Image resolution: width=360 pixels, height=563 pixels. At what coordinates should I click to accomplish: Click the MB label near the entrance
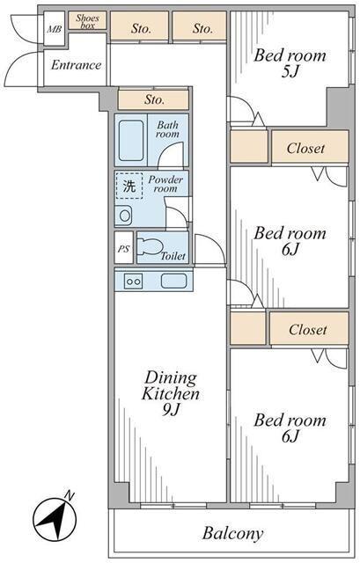coord(54,29)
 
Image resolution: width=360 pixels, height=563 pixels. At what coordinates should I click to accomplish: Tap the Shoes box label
coord(88,21)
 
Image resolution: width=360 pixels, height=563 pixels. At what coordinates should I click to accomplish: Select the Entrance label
coord(76,65)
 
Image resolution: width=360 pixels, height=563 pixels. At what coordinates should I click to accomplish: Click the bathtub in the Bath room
coord(131,141)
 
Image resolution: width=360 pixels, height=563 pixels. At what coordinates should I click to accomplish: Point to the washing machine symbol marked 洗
coord(129,186)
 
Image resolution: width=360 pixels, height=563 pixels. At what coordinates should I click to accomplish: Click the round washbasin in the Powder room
coord(125,216)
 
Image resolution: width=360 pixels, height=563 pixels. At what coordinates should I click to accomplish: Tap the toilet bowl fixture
coord(151,246)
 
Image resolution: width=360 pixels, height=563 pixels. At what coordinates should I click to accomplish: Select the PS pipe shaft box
coord(123,248)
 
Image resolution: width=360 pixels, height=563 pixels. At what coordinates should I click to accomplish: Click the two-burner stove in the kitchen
coord(133,281)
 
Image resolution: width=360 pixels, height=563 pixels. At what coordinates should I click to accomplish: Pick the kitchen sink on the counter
coord(174,281)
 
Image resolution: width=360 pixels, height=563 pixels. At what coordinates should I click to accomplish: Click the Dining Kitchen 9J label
coord(171,393)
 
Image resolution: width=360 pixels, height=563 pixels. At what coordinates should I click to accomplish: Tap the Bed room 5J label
coord(290,63)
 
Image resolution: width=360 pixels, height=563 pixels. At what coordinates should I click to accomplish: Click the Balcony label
coord(233,534)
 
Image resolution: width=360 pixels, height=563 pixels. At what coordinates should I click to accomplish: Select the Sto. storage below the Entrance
coord(153,99)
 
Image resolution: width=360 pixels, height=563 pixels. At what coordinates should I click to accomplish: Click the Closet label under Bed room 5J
coord(305,148)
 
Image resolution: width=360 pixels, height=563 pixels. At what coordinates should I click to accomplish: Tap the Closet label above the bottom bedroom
coord(308,330)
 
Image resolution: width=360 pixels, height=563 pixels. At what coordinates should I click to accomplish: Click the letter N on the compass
coord(70,496)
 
